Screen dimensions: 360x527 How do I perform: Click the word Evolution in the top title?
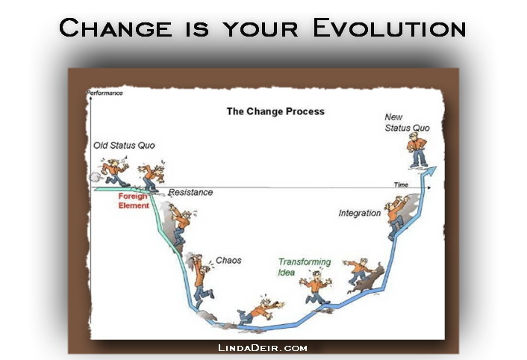click(389, 28)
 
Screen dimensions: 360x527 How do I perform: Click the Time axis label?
click(402, 184)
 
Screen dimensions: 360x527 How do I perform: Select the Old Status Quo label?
click(124, 145)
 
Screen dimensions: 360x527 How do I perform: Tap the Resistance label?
click(190, 193)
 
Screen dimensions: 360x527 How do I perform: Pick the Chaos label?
click(228, 261)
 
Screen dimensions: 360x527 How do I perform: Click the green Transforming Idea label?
click(304, 267)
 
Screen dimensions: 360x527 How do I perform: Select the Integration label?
click(359, 214)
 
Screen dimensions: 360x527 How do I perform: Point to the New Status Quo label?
click(407, 122)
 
